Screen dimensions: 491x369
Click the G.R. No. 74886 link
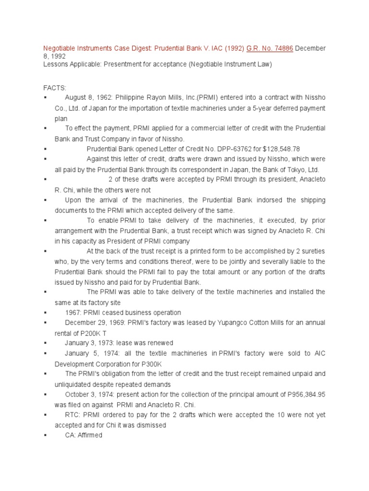[x=268, y=48]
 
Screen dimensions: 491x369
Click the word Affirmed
[x=90, y=435]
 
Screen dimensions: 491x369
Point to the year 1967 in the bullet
[x=73, y=312]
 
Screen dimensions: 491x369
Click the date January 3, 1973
[x=90, y=343]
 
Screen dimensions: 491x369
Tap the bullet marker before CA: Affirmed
[x=45, y=435]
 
